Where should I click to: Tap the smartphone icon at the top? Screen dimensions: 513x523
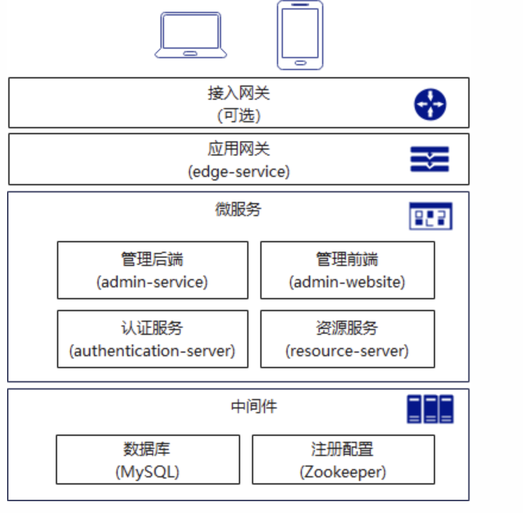300,34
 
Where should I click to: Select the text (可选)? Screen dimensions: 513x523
239,115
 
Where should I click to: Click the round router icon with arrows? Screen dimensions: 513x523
430,104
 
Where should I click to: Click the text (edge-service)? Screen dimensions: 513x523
239,172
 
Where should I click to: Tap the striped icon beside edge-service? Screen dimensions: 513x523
430,159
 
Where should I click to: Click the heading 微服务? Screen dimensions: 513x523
238,209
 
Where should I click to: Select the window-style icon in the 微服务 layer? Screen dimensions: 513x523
430,216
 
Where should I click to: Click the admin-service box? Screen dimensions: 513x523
153,270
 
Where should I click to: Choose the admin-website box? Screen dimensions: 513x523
347,270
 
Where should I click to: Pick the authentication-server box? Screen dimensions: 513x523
153,339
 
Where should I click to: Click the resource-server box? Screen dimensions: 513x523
347,339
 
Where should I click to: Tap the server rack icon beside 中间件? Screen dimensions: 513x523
430,409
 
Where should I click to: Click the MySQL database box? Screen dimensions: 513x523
148,460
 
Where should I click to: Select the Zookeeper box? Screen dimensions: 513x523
343,460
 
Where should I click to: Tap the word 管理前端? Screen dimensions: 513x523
347,259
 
